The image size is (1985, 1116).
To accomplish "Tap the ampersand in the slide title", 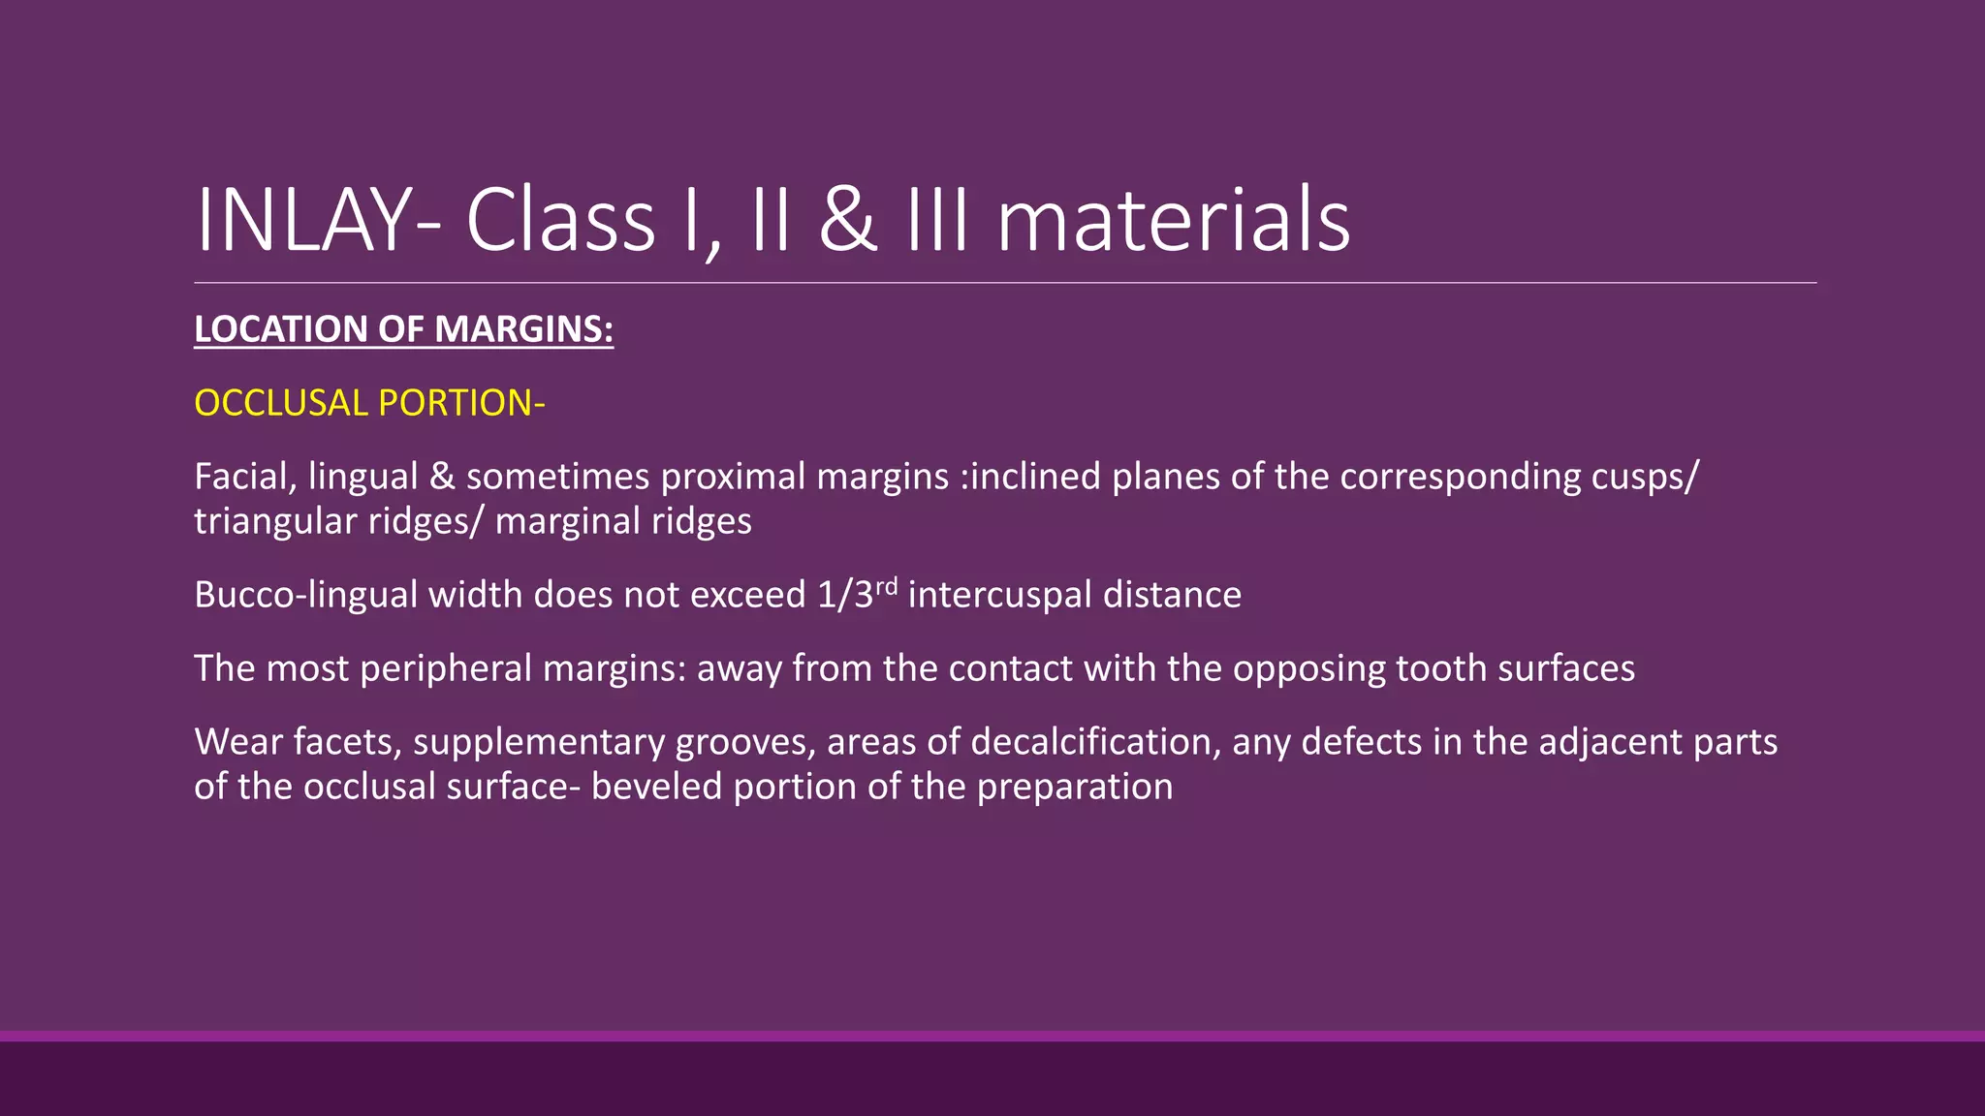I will pos(848,221).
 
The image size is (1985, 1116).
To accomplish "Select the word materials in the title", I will pos(1173,221).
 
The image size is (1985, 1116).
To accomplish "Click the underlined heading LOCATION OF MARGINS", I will pos(403,329).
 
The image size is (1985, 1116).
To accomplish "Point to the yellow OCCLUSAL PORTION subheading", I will pos(369,403).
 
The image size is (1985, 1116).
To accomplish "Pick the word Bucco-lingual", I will pos(305,595).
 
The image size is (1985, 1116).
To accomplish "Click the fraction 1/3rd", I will pos(857,593).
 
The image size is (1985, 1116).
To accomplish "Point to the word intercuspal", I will pos(999,595).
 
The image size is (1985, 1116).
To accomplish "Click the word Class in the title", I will pos(560,221).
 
